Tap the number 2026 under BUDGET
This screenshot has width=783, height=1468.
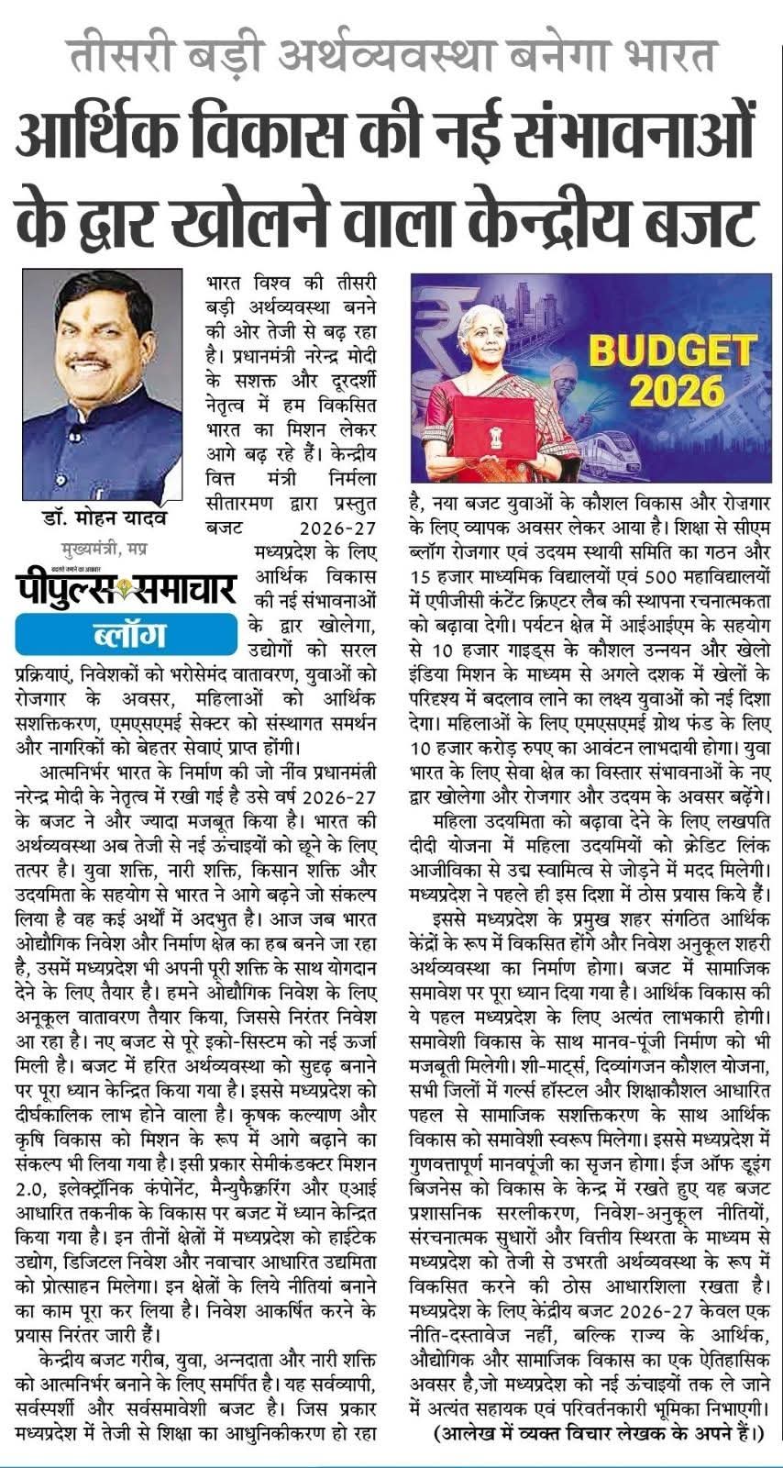pos(677,391)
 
